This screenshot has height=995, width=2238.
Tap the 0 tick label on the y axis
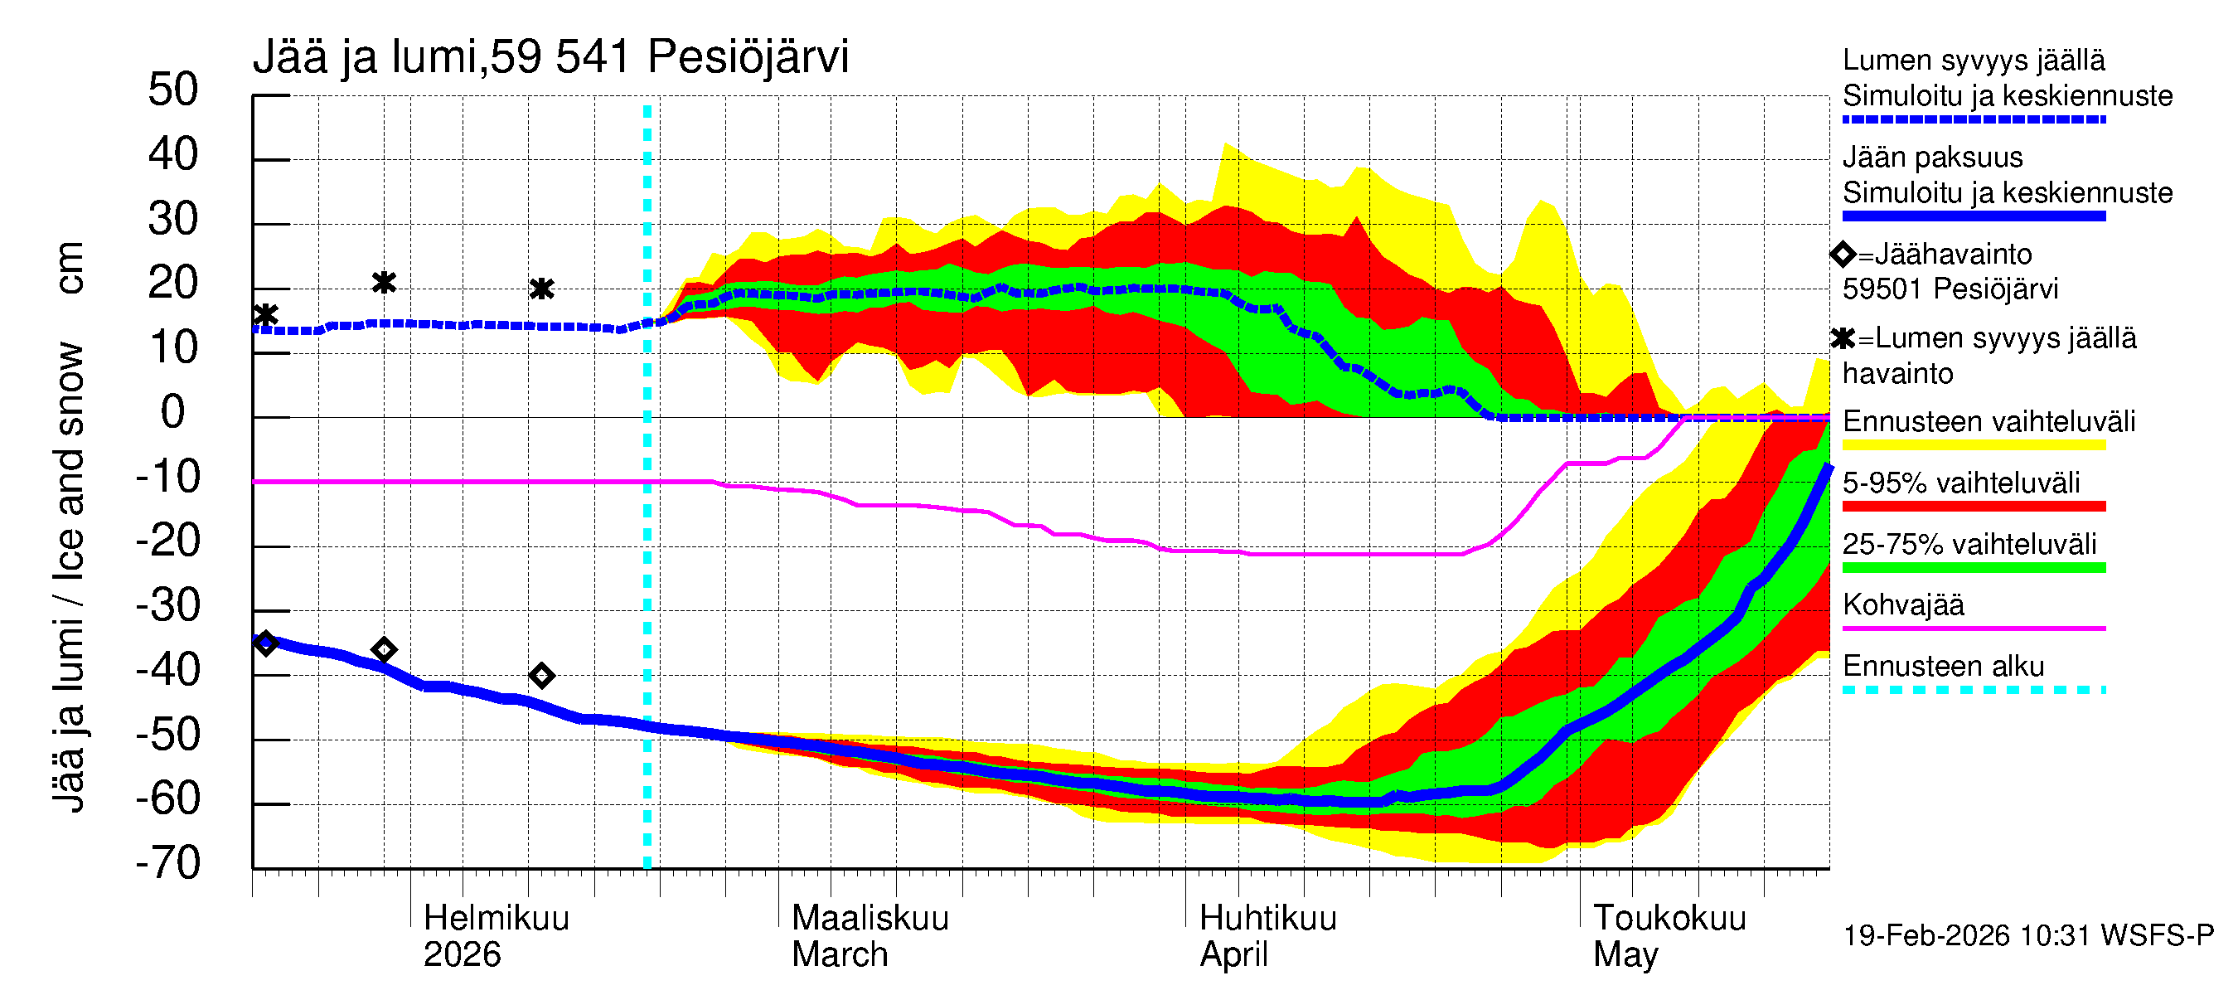pyautogui.click(x=173, y=412)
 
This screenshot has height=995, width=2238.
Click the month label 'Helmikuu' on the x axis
pyautogui.click(x=496, y=918)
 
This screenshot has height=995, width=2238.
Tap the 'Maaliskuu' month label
pyautogui.click(x=870, y=918)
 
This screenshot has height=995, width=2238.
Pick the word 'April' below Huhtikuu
pyautogui.click(x=1233, y=954)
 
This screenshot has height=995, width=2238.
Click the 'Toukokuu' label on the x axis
pyautogui.click(x=1669, y=918)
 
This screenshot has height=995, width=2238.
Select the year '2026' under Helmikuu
pyautogui.click(x=462, y=954)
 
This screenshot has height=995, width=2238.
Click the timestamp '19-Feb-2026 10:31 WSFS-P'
pyautogui.click(x=2027, y=935)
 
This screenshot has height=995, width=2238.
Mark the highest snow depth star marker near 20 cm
pyautogui.click(x=384, y=283)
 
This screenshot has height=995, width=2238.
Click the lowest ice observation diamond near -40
pyautogui.click(x=542, y=675)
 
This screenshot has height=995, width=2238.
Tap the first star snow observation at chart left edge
pyautogui.click(x=266, y=314)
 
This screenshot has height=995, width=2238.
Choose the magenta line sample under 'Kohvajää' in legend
pyautogui.click(x=1973, y=628)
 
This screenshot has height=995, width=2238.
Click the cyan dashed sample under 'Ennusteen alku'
pyautogui.click(x=1973, y=690)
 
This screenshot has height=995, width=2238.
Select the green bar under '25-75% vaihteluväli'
pyautogui.click(x=1973, y=567)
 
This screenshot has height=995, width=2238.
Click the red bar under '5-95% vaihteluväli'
pyautogui.click(x=1973, y=506)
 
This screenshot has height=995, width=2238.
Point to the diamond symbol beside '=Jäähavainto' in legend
pyautogui.click(x=1843, y=254)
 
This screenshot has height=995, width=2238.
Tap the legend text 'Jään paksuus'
pyautogui.click(x=1932, y=158)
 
